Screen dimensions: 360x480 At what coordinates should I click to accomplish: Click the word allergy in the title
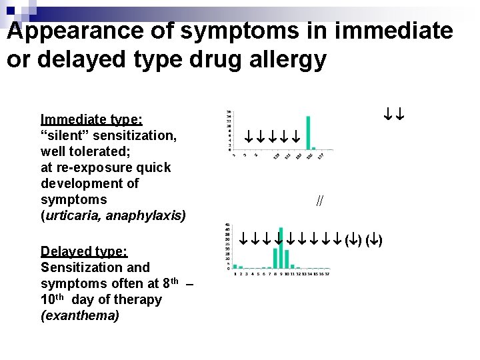(x=288, y=59)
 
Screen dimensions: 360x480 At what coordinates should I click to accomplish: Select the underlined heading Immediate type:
(x=91, y=119)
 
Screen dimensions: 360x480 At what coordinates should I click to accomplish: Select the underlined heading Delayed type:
(x=84, y=251)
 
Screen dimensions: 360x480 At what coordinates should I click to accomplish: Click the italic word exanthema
(x=80, y=315)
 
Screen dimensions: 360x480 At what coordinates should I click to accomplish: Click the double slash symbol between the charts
(x=320, y=201)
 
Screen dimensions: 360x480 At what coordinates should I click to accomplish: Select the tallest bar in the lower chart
(x=281, y=247)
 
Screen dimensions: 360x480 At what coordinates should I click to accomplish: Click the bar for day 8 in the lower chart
(x=275, y=257)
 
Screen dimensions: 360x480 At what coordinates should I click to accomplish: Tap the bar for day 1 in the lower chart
(x=235, y=266)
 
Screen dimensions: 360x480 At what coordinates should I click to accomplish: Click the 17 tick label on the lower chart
(x=327, y=273)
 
